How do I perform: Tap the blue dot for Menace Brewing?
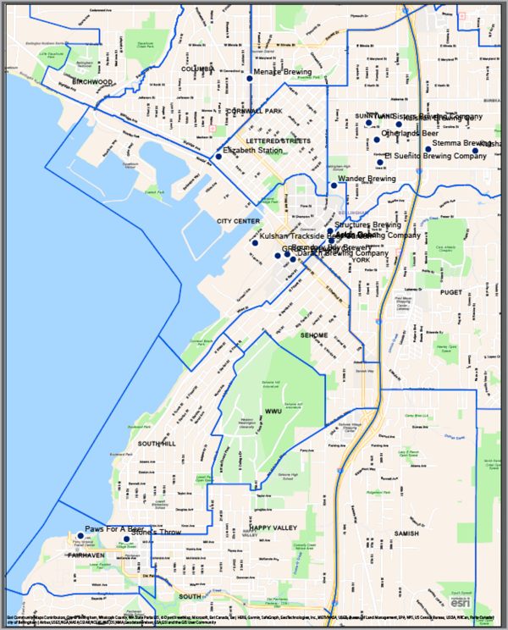point(250,79)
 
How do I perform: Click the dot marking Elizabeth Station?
point(219,157)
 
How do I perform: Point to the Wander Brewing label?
point(366,180)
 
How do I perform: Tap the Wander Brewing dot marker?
point(334,185)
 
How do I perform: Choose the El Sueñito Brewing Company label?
point(435,156)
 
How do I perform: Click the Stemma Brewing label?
point(462,144)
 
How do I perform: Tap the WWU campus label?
point(273,412)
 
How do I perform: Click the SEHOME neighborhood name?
point(313,335)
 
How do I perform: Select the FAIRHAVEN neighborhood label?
point(86,555)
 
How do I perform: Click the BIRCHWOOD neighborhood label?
point(93,81)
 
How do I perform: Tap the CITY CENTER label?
point(238,221)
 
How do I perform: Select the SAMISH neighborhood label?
point(406,533)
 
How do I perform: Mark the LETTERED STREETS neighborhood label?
point(279,141)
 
